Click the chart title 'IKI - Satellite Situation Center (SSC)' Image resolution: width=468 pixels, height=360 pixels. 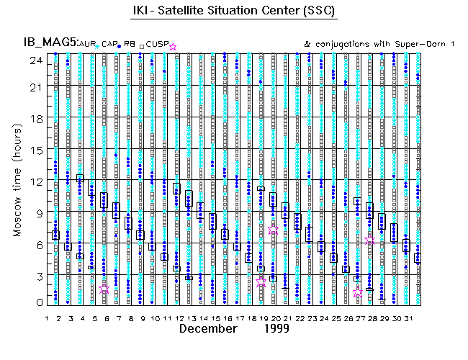tap(235, 12)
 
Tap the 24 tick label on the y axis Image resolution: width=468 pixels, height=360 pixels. tap(33, 60)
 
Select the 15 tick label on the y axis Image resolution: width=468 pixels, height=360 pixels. tap(33, 150)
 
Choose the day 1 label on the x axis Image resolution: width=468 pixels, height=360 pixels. tap(47, 318)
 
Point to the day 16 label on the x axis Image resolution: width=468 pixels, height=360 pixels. tap(227, 318)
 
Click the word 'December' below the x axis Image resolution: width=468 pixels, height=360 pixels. tap(208, 329)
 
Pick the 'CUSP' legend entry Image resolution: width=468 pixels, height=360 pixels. tap(158, 45)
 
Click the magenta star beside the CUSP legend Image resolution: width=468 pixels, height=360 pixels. tap(172, 47)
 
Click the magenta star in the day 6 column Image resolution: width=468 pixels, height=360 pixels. tap(105, 289)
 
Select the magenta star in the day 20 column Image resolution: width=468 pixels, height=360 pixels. tap(273, 230)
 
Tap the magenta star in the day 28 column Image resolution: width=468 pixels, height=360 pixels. tap(370, 240)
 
